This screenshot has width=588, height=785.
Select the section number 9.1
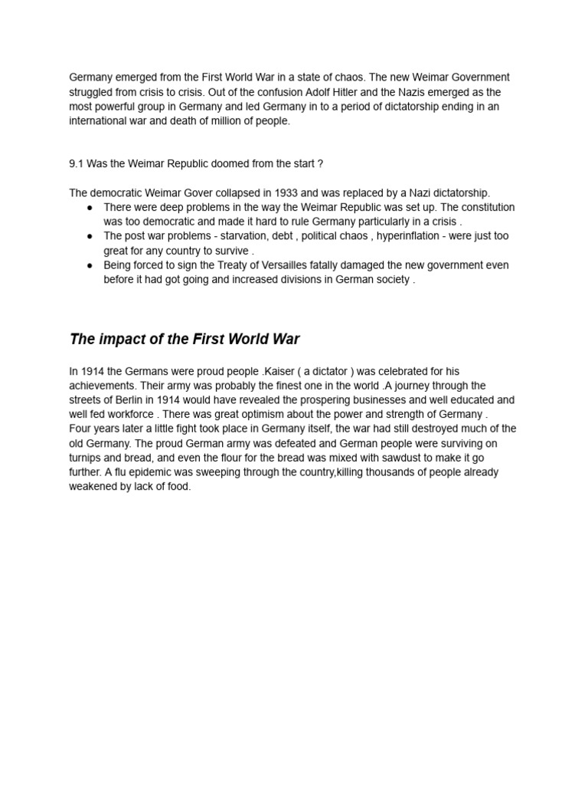(77, 164)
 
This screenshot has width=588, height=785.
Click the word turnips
(86, 458)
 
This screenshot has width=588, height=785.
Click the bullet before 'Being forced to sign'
(90, 265)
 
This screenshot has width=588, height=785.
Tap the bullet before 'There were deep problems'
(90, 207)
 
